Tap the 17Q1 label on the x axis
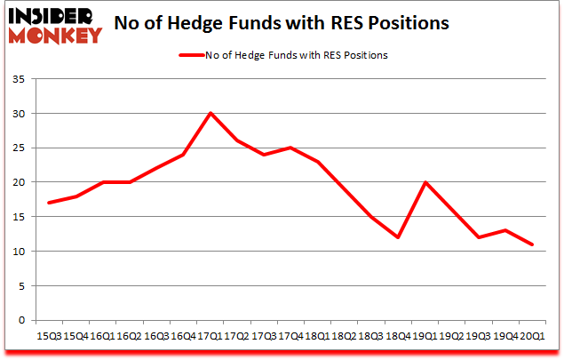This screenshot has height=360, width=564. click(x=211, y=337)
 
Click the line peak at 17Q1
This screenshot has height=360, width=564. click(x=211, y=113)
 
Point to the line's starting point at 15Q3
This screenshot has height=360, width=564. click(x=48, y=203)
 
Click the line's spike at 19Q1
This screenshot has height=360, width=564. click(x=426, y=182)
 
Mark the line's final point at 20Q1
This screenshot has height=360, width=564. click(x=534, y=244)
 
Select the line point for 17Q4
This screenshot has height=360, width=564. click(x=291, y=148)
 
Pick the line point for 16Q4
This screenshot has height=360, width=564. click(x=183, y=155)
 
